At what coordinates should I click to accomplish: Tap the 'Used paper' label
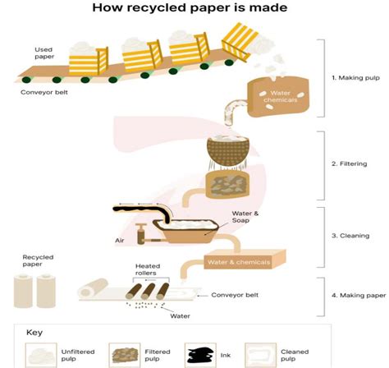pyautogui.click(x=43, y=53)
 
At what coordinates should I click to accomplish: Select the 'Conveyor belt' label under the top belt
pyautogui.click(x=43, y=92)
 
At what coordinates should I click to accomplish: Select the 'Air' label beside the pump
pyautogui.click(x=120, y=241)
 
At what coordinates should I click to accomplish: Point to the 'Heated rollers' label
pyautogui.click(x=152, y=270)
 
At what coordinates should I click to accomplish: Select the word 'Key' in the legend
pyautogui.click(x=34, y=333)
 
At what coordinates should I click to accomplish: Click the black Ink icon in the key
pyautogui.click(x=200, y=354)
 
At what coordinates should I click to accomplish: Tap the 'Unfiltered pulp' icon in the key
pyautogui.click(x=40, y=355)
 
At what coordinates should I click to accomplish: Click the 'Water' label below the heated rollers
pyautogui.click(x=180, y=315)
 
